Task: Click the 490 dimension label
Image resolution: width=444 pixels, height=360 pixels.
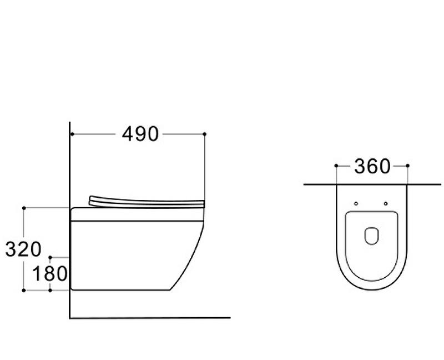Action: click(x=140, y=134)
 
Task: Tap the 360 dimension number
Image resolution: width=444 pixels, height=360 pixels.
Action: click(x=372, y=167)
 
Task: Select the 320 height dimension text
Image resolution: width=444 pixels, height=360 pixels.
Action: click(x=23, y=249)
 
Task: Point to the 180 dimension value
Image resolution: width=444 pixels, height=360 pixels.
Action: click(x=50, y=274)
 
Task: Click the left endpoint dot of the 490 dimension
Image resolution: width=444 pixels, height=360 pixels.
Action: click(x=73, y=134)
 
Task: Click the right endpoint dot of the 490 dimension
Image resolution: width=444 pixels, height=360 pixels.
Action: click(x=205, y=134)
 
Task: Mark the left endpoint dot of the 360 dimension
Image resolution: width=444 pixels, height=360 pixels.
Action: click(x=336, y=166)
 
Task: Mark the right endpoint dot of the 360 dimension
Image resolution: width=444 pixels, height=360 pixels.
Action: click(x=407, y=166)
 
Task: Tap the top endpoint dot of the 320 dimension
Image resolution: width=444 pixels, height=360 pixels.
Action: click(x=24, y=208)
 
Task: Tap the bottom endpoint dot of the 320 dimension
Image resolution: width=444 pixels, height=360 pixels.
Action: click(x=24, y=290)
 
